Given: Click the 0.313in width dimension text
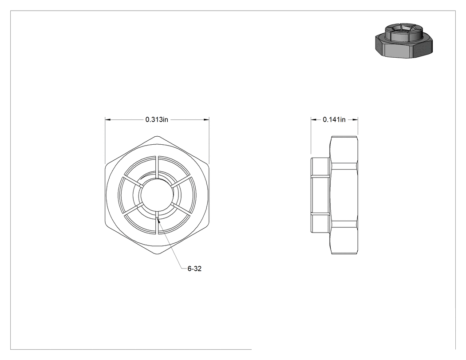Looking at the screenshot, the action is coord(157,119).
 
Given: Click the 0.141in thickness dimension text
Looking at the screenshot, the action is coord(334,119).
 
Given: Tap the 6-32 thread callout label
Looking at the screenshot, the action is coord(194,269).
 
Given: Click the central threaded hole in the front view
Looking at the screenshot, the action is coord(157,195).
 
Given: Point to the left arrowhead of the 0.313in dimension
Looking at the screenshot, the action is coord(108,119).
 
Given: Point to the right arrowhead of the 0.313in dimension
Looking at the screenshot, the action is coord(206,119).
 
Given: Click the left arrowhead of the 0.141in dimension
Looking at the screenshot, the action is coord(314,119).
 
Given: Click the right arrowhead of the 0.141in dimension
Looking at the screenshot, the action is coord(355,119).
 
